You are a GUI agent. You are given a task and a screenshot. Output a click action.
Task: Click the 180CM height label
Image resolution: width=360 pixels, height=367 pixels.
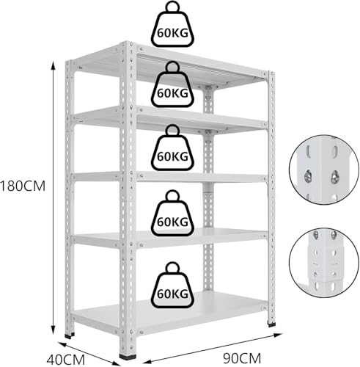23,186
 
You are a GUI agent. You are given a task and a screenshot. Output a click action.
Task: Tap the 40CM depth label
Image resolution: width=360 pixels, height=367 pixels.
66,360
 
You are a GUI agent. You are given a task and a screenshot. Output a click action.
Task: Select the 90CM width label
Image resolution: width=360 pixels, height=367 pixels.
242,358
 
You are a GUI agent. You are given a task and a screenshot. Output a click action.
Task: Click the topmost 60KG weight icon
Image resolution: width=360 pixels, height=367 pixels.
172,24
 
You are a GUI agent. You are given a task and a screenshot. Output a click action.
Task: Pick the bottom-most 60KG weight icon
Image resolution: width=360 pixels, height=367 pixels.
172,285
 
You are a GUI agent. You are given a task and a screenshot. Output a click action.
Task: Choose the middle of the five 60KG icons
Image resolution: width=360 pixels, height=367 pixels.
172,148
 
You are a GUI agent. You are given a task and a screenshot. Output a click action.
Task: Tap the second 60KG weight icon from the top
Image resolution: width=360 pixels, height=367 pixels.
172,84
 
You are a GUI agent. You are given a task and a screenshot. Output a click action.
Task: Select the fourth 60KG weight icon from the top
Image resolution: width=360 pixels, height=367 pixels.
172,213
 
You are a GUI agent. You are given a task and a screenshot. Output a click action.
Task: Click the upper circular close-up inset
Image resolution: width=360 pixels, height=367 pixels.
324,170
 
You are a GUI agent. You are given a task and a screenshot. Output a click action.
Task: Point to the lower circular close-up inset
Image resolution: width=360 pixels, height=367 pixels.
324,263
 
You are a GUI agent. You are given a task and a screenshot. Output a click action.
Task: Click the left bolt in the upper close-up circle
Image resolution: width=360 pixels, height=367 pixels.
308,177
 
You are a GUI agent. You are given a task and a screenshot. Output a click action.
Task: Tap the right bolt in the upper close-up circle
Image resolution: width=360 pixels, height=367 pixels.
334,177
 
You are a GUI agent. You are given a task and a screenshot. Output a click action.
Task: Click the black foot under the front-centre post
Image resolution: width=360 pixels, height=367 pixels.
128,356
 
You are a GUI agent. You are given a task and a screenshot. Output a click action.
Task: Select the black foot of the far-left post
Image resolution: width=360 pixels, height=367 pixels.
70,335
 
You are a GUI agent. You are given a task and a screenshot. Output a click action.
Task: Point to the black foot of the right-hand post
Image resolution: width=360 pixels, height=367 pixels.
271,324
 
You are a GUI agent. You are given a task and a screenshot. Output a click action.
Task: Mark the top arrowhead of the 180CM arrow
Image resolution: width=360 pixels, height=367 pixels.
54,65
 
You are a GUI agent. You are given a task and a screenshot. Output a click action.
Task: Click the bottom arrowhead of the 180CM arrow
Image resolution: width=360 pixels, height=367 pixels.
54,331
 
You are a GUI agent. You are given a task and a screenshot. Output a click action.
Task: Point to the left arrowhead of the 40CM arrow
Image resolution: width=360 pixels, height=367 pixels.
62,345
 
